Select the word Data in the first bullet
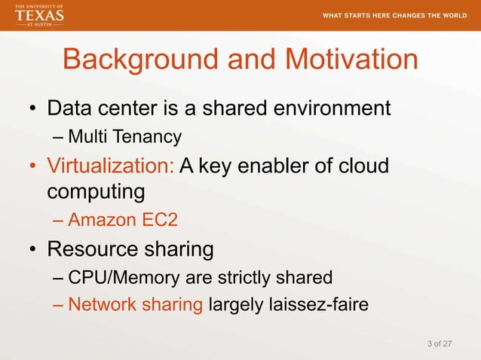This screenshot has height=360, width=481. (x=69, y=108)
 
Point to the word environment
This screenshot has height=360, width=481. (x=327, y=108)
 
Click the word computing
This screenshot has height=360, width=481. (x=96, y=191)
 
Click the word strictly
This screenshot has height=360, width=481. (x=250, y=277)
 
